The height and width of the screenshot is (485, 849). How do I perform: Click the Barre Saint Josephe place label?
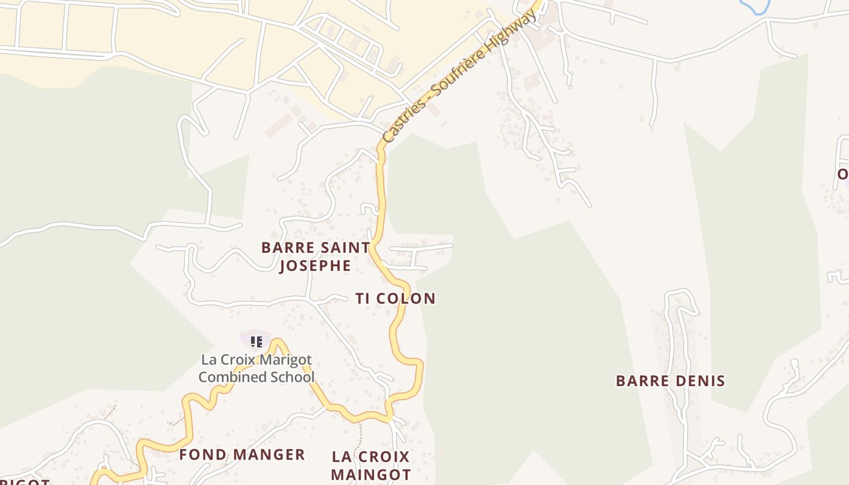click(315, 256)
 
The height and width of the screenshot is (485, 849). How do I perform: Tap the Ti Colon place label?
click(395, 298)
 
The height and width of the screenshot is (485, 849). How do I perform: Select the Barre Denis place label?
click(670, 381)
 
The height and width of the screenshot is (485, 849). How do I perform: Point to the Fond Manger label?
click(242, 455)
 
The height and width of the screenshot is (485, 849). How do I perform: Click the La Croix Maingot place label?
click(371, 465)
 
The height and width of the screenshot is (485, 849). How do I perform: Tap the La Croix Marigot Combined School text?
click(257, 369)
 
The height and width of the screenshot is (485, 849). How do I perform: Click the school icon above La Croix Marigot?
click(257, 342)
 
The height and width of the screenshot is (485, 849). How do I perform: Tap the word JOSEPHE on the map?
click(315, 266)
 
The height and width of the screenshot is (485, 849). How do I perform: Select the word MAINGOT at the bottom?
click(371, 474)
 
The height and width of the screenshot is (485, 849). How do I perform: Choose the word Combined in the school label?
click(233, 377)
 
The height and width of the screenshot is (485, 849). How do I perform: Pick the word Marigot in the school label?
click(288, 360)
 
